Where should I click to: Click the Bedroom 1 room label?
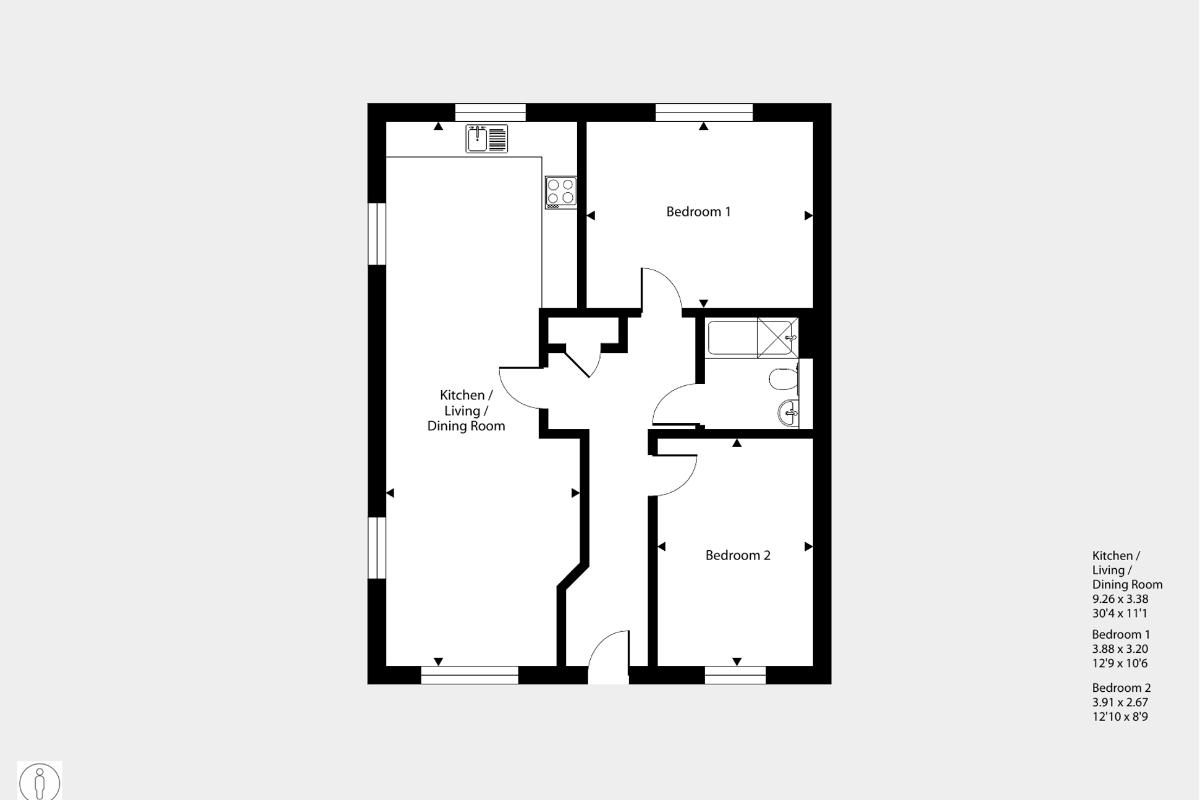click(698, 212)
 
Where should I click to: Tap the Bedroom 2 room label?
click(738, 555)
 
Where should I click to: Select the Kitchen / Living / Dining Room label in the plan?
click(466, 411)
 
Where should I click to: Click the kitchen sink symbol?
click(486, 138)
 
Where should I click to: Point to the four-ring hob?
click(560, 192)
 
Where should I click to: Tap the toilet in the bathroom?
click(784, 379)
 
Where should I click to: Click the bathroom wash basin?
click(788, 413)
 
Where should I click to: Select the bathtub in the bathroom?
click(733, 338)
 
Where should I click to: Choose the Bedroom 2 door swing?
click(674, 475)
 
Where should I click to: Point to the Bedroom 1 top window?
click(704, 113)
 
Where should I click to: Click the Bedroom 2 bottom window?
click(735, 675)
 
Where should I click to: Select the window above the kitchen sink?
click(490, 113)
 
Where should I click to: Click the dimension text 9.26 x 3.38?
click(1120, 599)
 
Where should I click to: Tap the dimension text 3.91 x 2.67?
click(1120, 702)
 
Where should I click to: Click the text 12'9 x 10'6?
click(1119, 663)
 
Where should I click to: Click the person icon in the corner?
click(40, 782)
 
